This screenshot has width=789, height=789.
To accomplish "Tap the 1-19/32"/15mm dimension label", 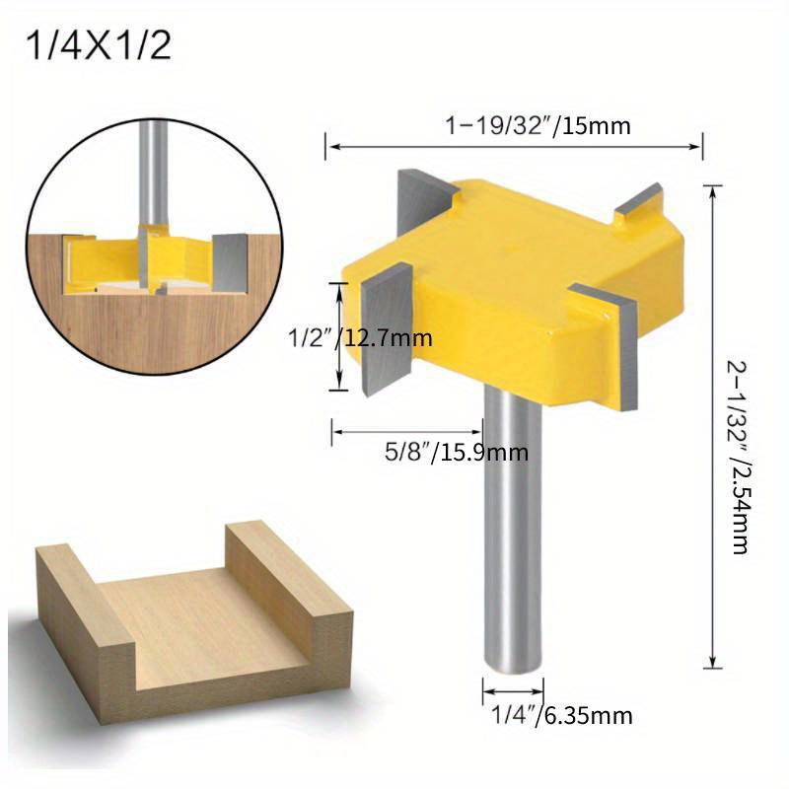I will pyautogui.click(x=538, y=125).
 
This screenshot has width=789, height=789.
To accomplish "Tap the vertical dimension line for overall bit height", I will pyautogui.click(x=712, y=424).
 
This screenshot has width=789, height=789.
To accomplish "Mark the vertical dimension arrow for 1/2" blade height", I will pyautogui.click(x=342, y=335).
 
